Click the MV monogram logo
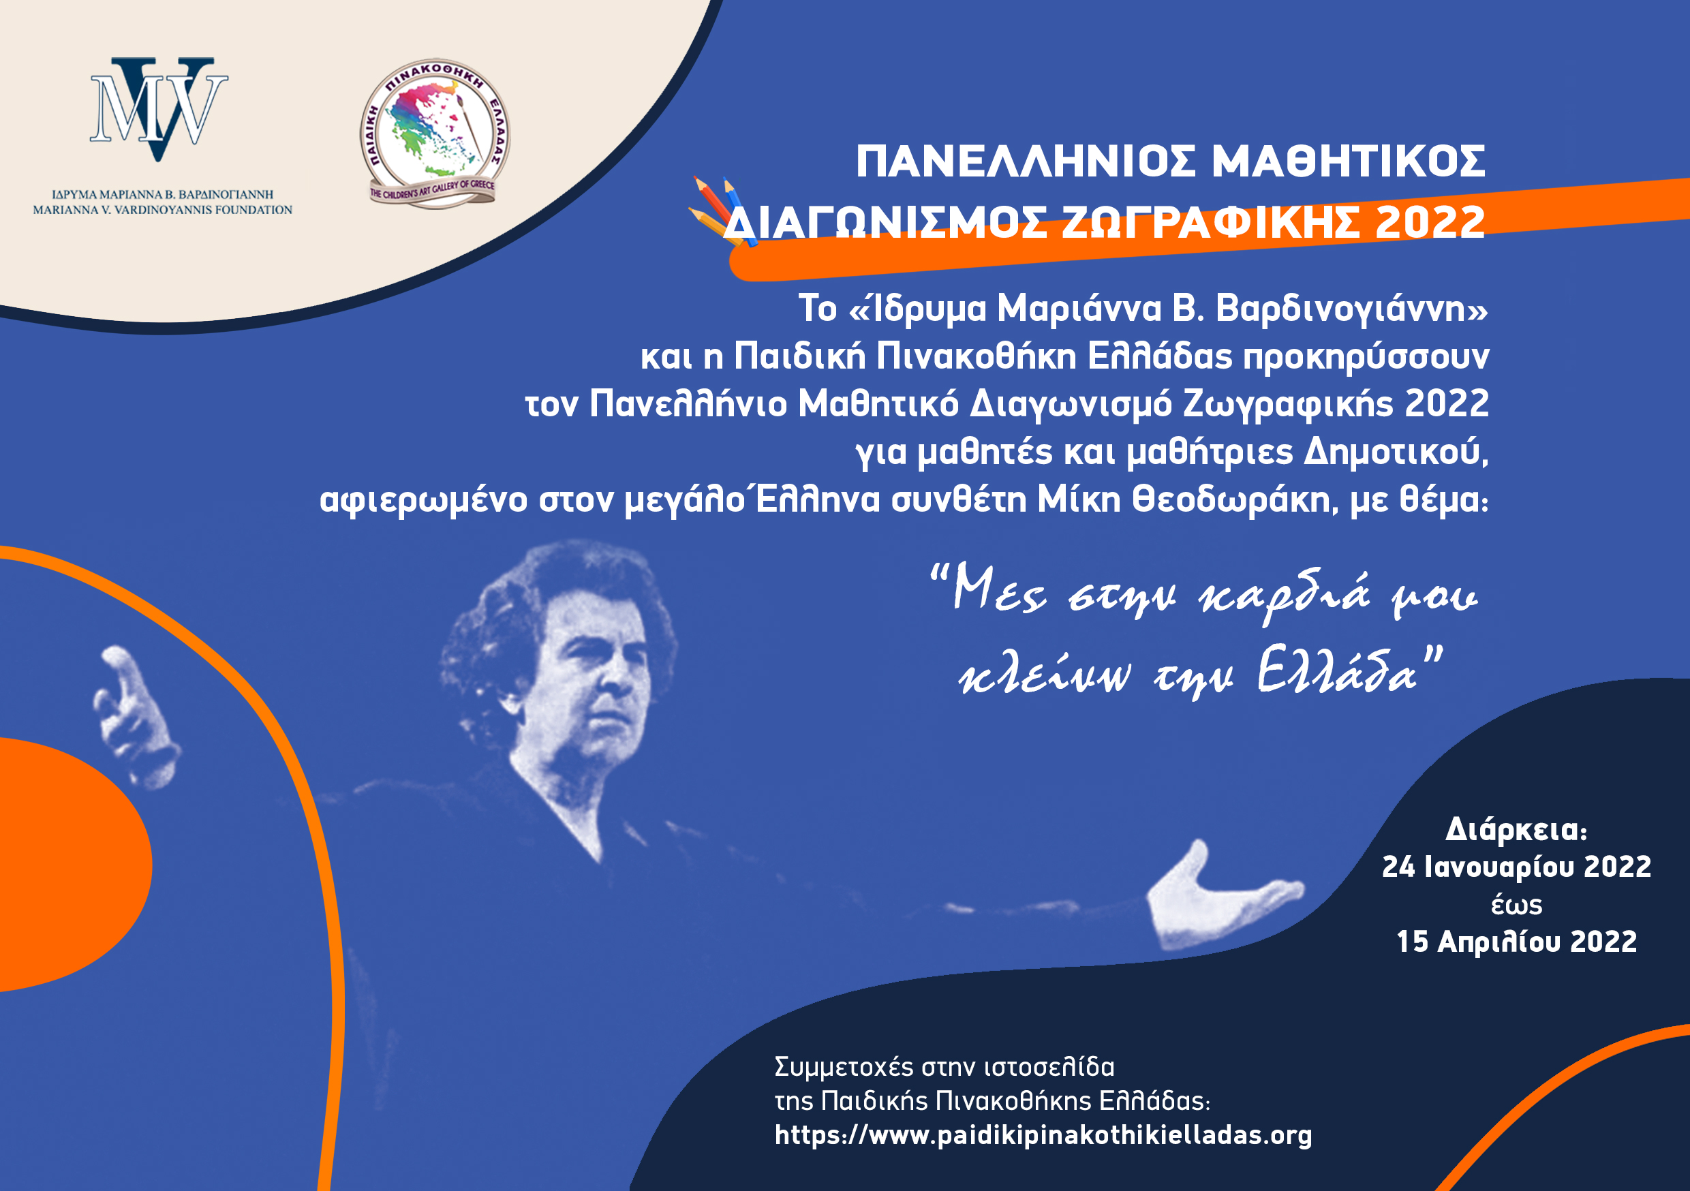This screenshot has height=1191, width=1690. (x=158, y=109)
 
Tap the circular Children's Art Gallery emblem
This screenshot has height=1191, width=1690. (x=435, y=134)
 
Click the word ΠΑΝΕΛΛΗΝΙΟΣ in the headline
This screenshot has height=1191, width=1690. (x=1026, y=161)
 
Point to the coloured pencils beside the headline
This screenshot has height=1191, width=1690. (x=722, y=211)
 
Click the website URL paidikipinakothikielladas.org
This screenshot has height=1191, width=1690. (x=1043, y=1134)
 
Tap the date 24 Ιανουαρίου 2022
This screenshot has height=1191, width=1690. (x=1516, y=867)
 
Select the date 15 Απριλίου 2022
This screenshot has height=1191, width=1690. (x=1516, y=942)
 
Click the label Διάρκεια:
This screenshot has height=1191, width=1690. (x=1516, y=830)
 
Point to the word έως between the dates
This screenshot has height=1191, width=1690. (x=1516, y=905)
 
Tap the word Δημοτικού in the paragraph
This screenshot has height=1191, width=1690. (x=1396, y=451)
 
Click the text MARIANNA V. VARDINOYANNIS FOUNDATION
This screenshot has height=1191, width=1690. (x=163, y=210)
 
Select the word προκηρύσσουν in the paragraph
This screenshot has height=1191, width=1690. (x=1366, y=357)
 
